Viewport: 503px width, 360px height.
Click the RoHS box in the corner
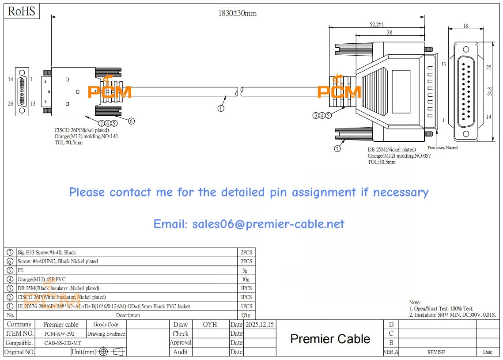pyautogui.click(x=22, y=11)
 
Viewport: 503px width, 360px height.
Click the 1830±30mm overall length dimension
pyautogui.click(x=237, y=13)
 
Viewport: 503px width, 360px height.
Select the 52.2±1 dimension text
pyautogui.click(x=377, y=25)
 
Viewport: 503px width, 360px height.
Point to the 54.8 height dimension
pyautogui.click(x=489, y=91)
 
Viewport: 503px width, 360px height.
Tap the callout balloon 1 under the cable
pyautogui.click(x=221, y=107)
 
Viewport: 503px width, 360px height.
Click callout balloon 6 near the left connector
pyautogui.click(x=131, y=121)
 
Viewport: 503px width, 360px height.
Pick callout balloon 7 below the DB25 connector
pyautogui.click(x=337, y=149)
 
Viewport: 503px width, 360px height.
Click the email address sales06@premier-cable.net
pyautogui.click(x=249, y=224)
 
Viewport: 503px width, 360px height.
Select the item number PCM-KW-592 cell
pyautogui.click(x=61, y=334)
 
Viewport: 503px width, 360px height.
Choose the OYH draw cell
pyautogui.click(x=210, y=325)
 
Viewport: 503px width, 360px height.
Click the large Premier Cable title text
pyautogui.click(x=330, y=339)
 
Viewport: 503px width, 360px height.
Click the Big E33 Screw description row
pyautogui.click(x=46, y=253)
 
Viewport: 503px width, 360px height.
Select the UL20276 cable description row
pyautogui.click(x=104, y=307)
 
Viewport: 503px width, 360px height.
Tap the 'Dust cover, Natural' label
pyautogui.click(x=442, y=148)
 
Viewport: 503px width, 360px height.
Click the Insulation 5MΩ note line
pyautogui.click(x=452, y=315)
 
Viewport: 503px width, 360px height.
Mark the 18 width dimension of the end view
pyautogui.click(x=465, y=26)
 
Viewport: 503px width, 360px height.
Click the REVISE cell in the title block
pyautogui.click(x=436, y=352)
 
